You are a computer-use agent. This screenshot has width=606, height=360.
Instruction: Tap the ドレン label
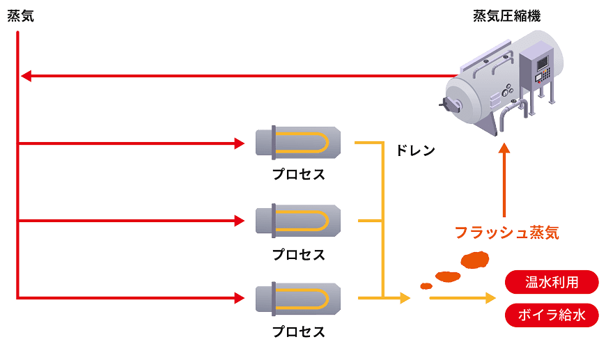coord(415,150)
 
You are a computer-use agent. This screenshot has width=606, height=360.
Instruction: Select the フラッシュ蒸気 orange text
coord(506,233)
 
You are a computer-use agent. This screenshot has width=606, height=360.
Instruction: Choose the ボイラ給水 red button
coord(551,315)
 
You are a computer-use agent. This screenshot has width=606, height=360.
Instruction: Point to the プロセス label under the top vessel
coord(298,174)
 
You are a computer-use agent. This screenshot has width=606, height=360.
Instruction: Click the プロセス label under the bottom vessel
coord(298,331)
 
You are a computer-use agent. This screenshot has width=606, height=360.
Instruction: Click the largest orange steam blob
coord(476,260)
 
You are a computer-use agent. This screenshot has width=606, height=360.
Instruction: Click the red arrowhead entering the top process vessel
coord(240,143)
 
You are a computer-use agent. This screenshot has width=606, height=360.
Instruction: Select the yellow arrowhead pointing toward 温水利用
coord(489,297)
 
